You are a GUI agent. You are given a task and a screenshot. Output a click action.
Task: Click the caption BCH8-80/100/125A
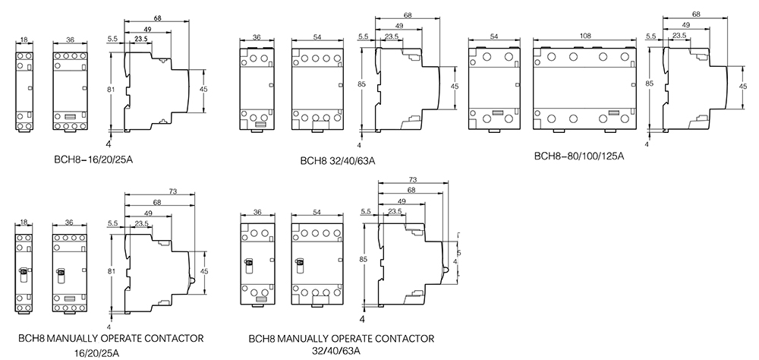[x=579, y=156]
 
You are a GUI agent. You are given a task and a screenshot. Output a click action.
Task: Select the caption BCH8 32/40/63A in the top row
[x=338, y=160]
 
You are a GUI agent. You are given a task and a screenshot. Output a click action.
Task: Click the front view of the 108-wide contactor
[x=584, y=87]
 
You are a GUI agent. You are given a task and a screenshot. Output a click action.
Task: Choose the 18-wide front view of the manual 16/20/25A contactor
[x=23, y=270]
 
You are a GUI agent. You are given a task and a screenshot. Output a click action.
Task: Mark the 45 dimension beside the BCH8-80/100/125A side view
[x=742, y=87]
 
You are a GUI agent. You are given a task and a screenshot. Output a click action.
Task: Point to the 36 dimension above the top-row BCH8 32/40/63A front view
[x=257, y=36]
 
